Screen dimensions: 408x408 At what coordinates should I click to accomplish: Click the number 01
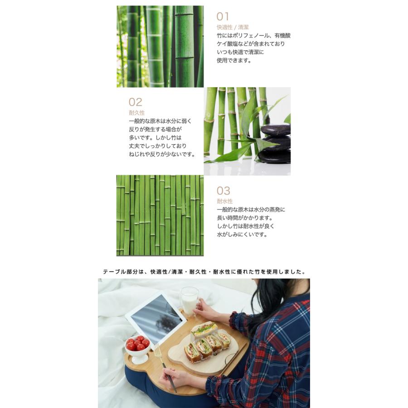(223, 17)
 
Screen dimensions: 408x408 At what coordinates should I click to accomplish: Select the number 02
(136, 102)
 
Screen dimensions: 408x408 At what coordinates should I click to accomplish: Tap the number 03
(223, 190)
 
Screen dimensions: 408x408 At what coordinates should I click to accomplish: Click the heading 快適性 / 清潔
(233, 27)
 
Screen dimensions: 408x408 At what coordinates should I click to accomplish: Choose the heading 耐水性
(224, 201)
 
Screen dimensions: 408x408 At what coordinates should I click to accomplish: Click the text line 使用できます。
(234, 60)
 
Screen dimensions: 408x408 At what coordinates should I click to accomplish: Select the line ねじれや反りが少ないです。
(162, 154)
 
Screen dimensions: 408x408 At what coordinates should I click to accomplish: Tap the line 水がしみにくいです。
(242, 234)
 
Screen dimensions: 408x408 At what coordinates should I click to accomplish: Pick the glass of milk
(189, 301)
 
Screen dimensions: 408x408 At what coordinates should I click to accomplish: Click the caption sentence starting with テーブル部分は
(204, 272)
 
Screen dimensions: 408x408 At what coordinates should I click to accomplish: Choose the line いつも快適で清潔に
(240, 52)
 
